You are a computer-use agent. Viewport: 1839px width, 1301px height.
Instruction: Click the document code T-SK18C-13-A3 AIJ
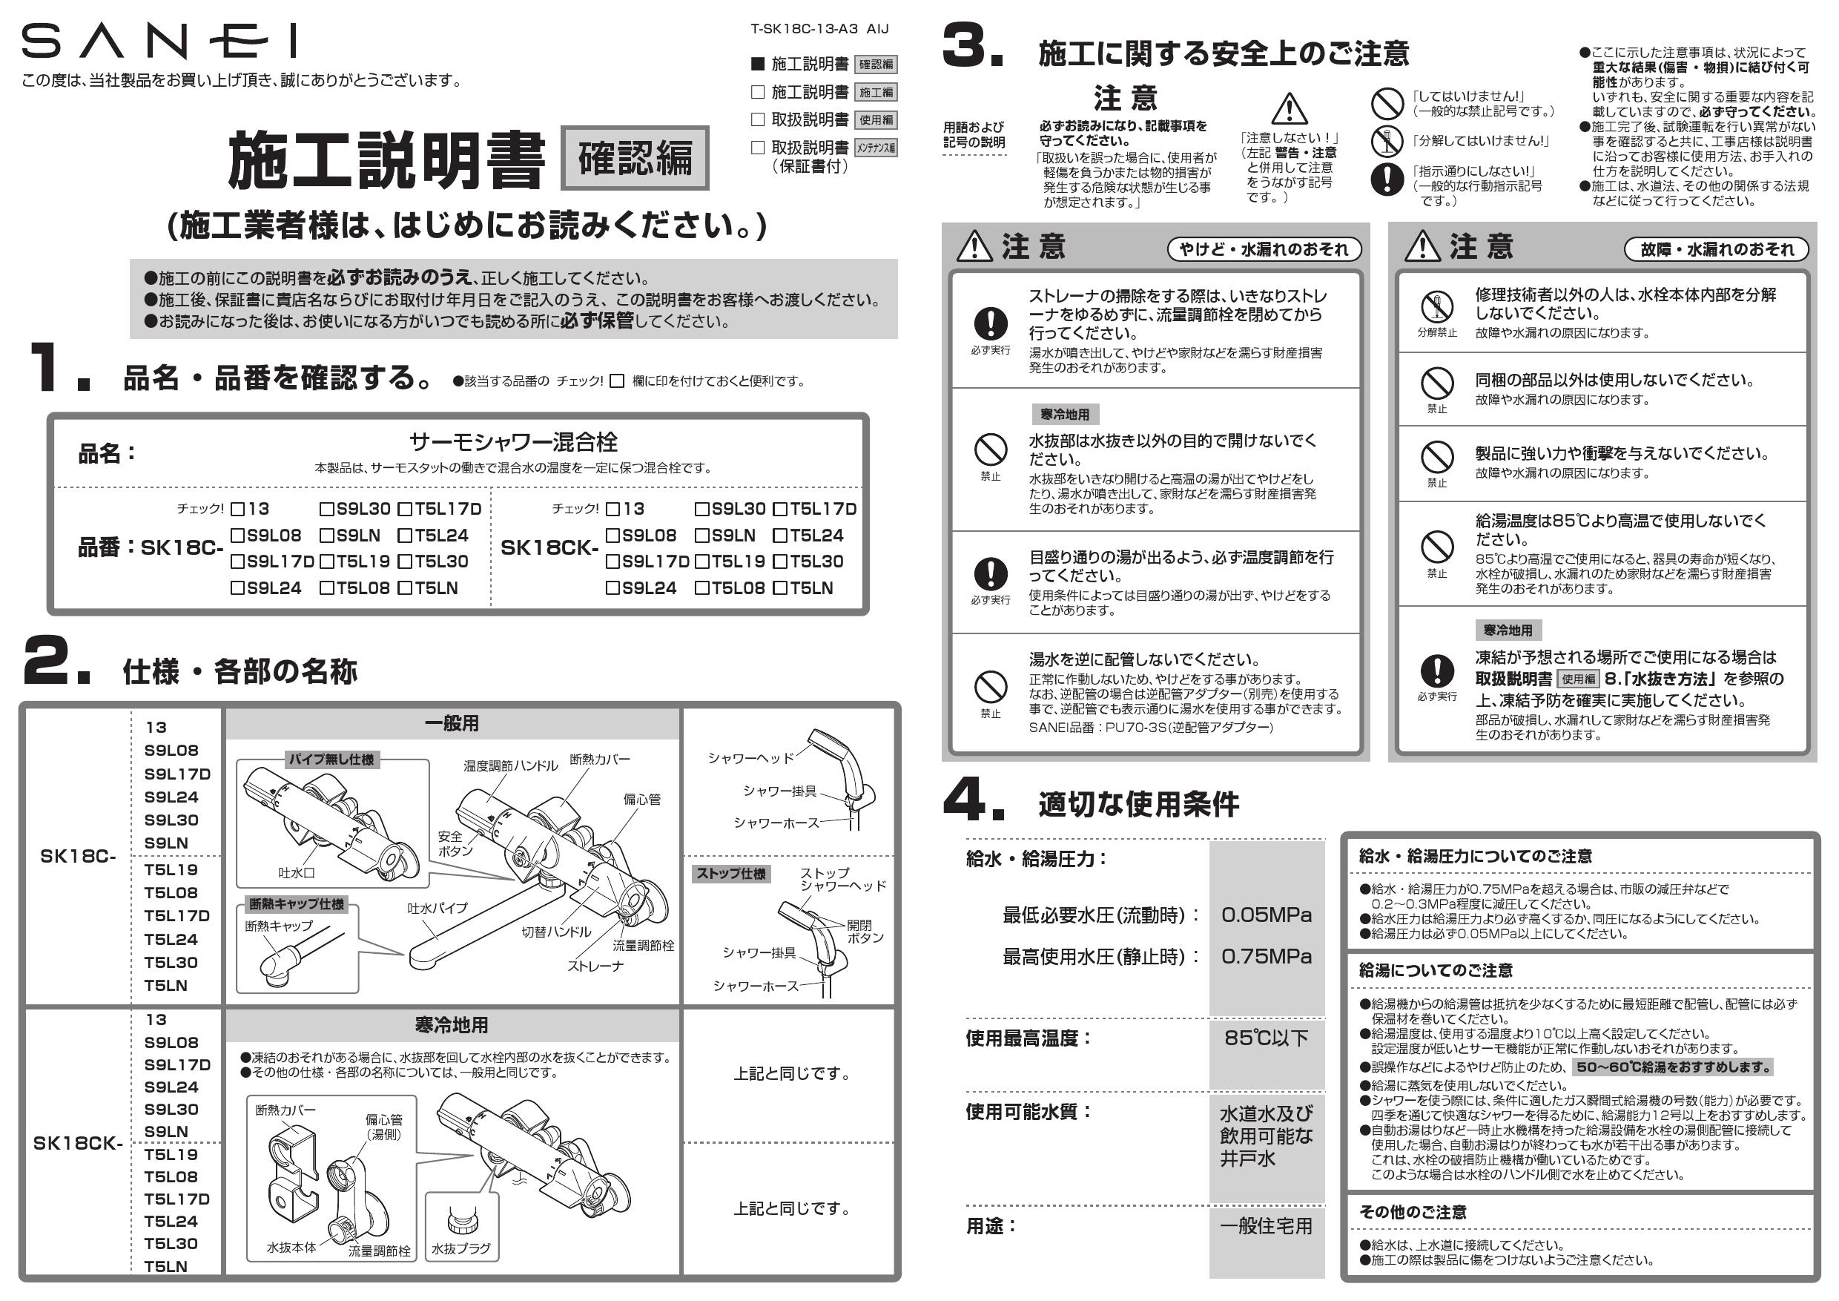(x=819, y=29)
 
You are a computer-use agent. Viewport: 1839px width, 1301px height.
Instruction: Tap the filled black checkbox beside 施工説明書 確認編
(x=758, y=64)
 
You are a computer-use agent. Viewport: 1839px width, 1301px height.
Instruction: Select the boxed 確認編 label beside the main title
(x=634, y=158)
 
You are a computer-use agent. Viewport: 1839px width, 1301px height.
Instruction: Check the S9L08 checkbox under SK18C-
(x=238, y=535)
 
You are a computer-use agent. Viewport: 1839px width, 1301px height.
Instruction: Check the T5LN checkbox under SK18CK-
(x=779, y=588)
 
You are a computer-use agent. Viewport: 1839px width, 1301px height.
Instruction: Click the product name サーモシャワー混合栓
(x=512, y=441)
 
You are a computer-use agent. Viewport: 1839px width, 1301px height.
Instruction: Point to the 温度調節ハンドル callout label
(x=510, y=766)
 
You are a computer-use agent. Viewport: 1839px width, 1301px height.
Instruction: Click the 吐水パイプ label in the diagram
(x=437, y=908)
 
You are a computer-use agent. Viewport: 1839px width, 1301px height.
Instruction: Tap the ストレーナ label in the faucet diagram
(x=595, y=966)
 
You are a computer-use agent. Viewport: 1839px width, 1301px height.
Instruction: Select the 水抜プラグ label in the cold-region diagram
(x=460, y=1248)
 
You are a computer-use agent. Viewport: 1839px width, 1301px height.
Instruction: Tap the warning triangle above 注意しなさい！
(x=1289, y=109)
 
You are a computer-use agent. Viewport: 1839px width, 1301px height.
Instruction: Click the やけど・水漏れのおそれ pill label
(x=1264, y=249)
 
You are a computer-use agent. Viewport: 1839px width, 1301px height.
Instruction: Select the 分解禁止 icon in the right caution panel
(x=1437, y=307)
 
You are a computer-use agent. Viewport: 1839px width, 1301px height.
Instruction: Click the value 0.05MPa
(x=1266, y=915)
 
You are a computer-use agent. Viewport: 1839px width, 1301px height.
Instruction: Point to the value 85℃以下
(x=1266, y=1038)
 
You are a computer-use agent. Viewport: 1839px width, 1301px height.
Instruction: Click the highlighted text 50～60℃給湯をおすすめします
(x=1672, y=1067)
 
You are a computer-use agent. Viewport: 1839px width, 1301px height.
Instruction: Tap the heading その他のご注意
(x=1412, y=1212)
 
